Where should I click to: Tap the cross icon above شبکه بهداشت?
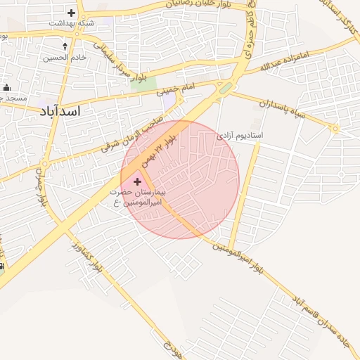[71, 13]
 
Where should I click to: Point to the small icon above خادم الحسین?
[65, 46]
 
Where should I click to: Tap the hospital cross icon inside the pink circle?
[137, 181]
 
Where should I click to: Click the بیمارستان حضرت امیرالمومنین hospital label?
[136, 197]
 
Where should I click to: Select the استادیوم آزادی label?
[239, 134]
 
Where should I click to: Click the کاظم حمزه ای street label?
[250, 35]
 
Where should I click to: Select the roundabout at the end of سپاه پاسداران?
[335, 129]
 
